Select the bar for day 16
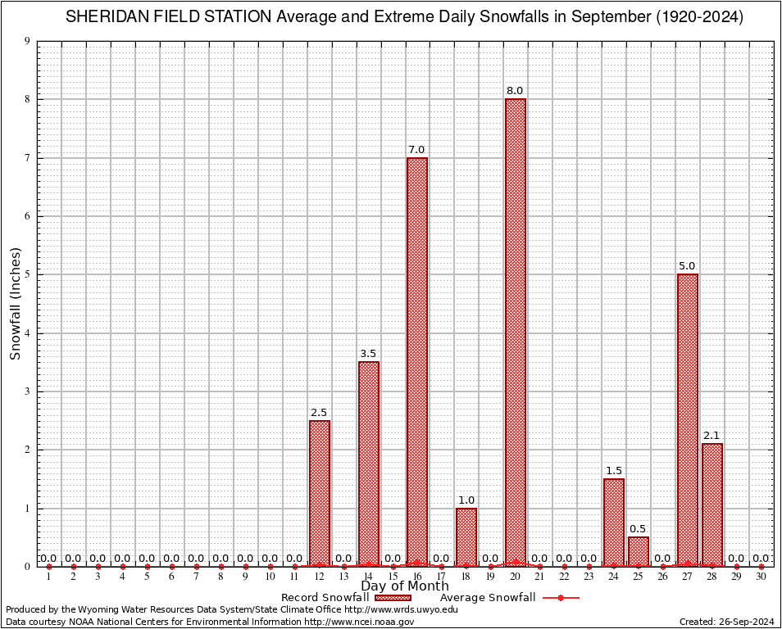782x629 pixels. pos(417,361)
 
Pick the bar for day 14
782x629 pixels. pos(369,464)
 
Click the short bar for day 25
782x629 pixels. pos(639,551)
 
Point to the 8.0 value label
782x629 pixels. pos(515,91)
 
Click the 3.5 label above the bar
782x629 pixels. pos(368,354)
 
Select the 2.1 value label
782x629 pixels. pos(712,436)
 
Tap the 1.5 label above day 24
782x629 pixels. pos(614,471)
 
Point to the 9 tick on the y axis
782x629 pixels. pos(27,41)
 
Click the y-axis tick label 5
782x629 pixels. pos(27,274)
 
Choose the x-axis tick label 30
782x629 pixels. pos(761,577)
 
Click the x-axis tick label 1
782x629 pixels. pos(48,577)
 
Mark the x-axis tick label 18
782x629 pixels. pos(466,577)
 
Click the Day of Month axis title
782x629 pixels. pos(405,586)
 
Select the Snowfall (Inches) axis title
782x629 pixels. pos(15,304)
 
